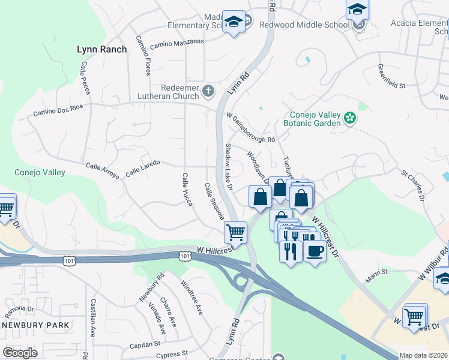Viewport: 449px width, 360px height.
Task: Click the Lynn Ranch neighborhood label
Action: coord(102,49)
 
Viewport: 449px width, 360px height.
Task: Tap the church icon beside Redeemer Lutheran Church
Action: coord(208,91)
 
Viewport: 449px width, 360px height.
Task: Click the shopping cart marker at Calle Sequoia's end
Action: coord(235,231)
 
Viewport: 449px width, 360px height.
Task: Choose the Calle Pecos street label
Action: coord(84,79)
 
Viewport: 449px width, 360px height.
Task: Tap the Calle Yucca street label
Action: coord(187,190)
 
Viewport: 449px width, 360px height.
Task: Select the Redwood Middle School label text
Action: coord(304,25)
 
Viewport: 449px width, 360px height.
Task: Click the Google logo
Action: coord(20,353)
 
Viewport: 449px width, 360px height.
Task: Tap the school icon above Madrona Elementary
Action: coord(232,22)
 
